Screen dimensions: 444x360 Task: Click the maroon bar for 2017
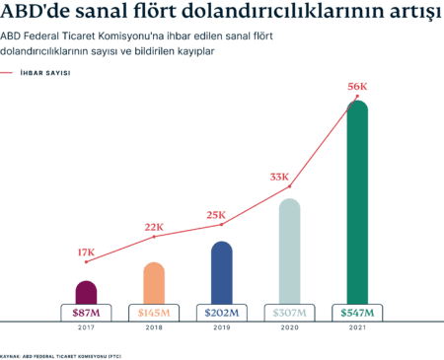86,293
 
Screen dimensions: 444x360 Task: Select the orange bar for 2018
154,283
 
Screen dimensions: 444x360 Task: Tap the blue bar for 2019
222,273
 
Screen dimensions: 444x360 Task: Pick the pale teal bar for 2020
290,252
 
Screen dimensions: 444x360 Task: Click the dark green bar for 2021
357,202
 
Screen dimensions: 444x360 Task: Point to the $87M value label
86,313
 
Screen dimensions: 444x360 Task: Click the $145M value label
154,313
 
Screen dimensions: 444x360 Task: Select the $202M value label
222,313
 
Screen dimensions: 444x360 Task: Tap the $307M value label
290,313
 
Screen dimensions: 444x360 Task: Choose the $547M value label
357,313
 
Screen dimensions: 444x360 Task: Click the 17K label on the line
86,252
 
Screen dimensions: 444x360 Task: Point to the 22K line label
154,227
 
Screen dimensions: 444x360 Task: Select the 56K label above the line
357,87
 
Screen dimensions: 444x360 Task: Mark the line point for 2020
290,186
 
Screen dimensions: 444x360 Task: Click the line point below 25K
222,225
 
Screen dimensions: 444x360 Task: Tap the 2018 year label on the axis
154,327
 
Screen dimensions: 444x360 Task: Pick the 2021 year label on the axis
357,327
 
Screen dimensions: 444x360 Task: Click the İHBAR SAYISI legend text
45,73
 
